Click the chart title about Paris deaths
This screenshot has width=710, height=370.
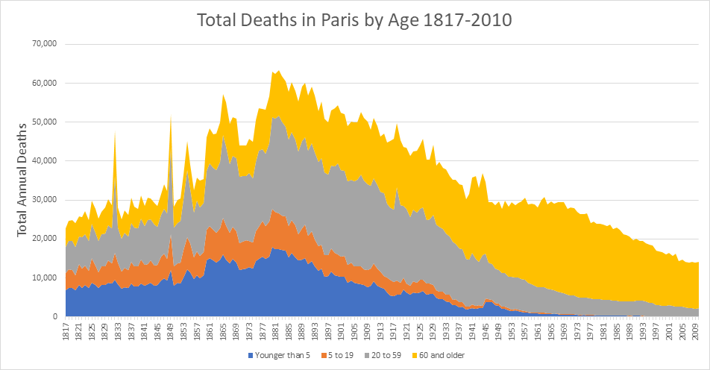click(x=354, y=20)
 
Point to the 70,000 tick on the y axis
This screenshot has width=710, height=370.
click(x=43, y=44)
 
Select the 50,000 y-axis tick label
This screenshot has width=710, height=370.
click(x=43, y=122)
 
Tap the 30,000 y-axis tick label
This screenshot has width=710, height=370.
click(x=43, y=200)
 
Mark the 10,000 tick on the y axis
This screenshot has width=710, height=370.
click(x=43, y=277)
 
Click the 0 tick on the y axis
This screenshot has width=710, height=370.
click(x=54, y=316)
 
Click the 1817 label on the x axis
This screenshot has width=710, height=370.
click(x=66, y=330)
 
